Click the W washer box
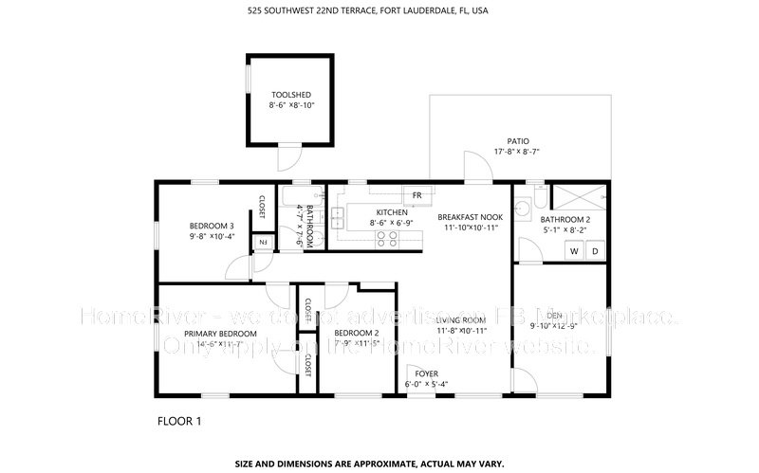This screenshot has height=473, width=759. [574, 251]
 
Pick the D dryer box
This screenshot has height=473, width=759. [595, 251]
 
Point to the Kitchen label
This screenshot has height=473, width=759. [391, 212]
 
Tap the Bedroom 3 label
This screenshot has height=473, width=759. [212, 226]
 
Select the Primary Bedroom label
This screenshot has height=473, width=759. [220, 334]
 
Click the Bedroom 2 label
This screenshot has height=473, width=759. [357, 333]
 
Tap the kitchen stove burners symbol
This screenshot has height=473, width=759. [387, 238]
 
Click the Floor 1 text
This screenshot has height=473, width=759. [178, 419]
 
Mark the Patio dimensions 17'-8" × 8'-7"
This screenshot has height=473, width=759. [516, 151]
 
